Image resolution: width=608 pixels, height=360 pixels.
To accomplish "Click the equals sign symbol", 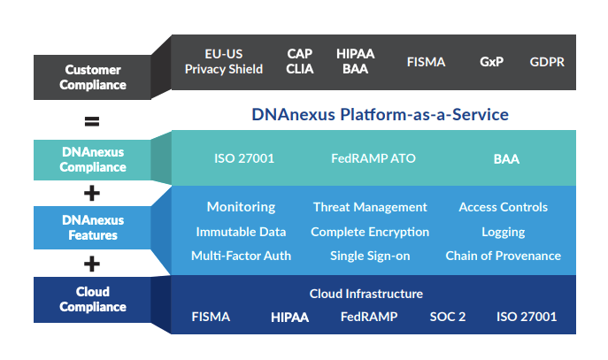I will (x=92, y=120).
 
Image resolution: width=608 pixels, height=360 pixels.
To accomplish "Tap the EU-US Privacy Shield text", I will (x=223, y=62).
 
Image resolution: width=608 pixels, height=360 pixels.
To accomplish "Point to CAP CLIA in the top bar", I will (x=300, y=62).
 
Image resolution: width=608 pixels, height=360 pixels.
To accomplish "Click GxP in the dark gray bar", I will (x=491, y=62).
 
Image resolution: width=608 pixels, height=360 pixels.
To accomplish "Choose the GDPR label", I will (x=547, y=62).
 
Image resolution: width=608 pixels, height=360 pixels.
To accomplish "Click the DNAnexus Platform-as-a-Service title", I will (x=380, y=115).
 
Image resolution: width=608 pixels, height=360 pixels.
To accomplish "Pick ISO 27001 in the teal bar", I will (x=244, y=159).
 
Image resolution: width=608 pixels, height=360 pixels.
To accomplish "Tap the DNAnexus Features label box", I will (x=93, y=226).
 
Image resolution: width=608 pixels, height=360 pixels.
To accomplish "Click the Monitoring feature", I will (x=241, y=207).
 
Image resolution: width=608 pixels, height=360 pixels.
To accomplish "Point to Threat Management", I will (x=370, y=207).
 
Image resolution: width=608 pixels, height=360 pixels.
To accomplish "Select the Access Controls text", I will (x=503, y=207).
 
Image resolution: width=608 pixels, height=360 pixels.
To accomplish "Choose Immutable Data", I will (x=241, y=232).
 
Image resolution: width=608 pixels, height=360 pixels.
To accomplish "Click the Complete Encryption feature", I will (x=370, y=232).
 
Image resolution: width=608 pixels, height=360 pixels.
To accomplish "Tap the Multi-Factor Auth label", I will (x=241, y=256).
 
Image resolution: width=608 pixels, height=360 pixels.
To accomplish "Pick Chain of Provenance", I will (x=503, y=256).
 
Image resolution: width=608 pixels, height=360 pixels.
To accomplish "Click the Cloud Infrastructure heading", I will (x=366, y=294).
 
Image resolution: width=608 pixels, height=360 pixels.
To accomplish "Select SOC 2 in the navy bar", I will (x=448, y=317).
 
